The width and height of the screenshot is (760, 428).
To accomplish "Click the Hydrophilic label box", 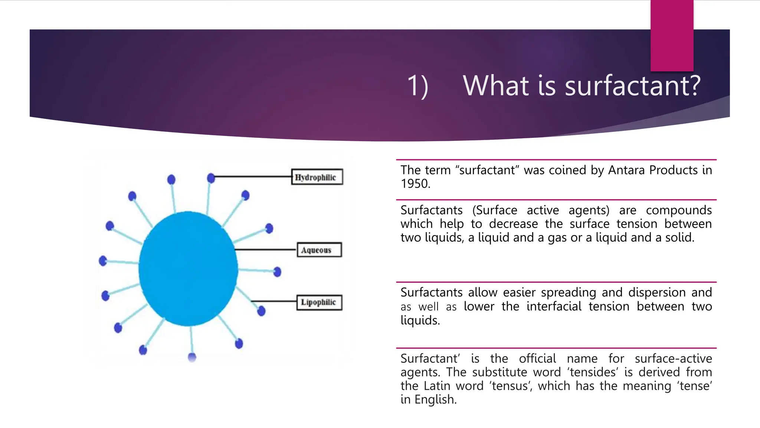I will (317, 177).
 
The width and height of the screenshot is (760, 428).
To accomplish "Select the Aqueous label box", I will (319, 250).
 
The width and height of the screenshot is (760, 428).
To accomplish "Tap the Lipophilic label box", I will (319, 302).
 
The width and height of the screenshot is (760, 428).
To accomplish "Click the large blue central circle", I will (189, 268).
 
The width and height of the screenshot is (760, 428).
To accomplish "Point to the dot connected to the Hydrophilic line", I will (211, 178).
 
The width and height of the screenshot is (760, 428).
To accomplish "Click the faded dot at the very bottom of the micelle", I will (192, 357).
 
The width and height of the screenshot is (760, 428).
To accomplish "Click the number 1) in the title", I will (418, 86).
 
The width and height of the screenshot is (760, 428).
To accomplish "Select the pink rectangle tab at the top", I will (672, 35).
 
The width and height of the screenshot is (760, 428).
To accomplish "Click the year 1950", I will (415, 184).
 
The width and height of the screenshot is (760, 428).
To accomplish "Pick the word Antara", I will (626, 170).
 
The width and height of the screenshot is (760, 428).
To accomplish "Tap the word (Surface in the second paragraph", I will (494, 210).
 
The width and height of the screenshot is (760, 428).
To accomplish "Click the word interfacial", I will (554, 307).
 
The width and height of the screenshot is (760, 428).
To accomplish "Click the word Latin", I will (437, 386).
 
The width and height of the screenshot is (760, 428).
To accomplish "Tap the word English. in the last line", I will (435, 400).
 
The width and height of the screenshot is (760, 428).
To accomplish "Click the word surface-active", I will (673, 359).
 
